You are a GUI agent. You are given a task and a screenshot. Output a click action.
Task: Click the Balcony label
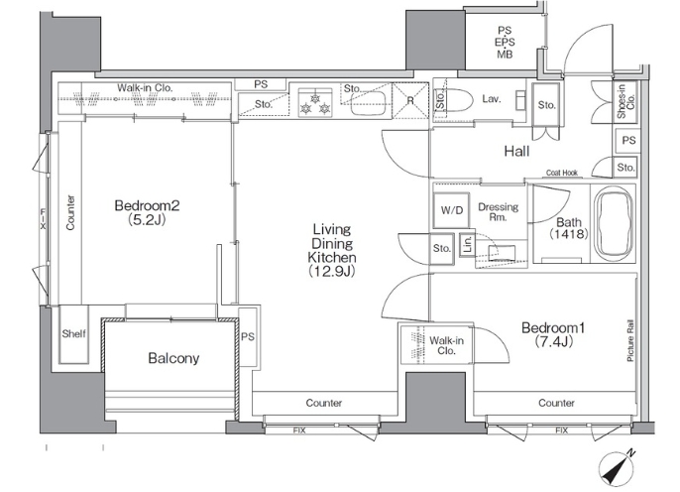(x=173, y=358)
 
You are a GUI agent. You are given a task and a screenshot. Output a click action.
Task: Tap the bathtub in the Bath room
(x=614, y=224)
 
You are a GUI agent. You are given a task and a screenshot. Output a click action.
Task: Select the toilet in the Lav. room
(x=454, y=100)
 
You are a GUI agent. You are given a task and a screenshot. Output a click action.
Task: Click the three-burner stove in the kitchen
(x=315, y=103)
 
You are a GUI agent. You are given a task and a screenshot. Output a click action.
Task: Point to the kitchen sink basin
(x=368, y=103)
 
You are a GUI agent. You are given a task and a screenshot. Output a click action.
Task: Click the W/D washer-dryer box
(x=451, y=210)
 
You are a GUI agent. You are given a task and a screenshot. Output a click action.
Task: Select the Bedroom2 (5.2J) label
(x=147, y=212)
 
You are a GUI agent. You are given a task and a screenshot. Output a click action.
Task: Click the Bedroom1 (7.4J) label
(x=553, y=334)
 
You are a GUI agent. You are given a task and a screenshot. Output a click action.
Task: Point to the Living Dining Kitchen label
(x=332, y=250)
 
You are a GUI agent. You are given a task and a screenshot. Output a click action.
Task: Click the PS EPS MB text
(x=505, y=42)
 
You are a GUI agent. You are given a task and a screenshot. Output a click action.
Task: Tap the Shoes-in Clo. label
(x=625, y=100)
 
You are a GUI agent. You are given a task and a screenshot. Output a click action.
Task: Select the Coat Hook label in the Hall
(x=562, y=173)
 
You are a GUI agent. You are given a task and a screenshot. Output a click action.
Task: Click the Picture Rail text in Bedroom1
(x=630, y=341)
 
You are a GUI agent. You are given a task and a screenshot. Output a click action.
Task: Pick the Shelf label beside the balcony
(x=73, y=333)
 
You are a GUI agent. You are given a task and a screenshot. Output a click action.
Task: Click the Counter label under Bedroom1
(x=556, y=403)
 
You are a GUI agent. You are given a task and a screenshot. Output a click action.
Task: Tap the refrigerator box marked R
(x=410, y=100)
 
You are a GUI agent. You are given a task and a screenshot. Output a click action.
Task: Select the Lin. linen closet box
(x=467, y=245)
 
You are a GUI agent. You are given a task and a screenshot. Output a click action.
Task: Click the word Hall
(x=516, y=151)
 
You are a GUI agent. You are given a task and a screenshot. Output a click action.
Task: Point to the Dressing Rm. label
(x=498, y=211)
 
